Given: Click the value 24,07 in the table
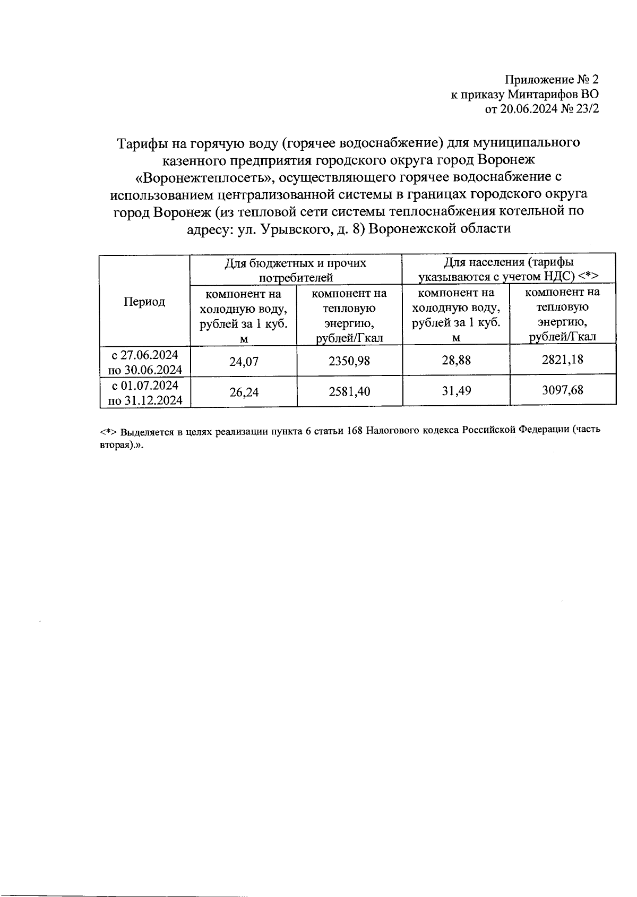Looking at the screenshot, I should click(244, 362).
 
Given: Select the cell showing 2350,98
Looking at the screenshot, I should click(349, 361).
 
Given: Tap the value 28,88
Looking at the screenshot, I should click(456, 360).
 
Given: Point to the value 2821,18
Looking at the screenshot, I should click(562, 360).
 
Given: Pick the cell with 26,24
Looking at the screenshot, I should click(244, 392).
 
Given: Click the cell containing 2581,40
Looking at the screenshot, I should click(349, 391).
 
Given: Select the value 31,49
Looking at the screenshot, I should click(456, 391).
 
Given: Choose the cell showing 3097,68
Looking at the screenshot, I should click(562, 390).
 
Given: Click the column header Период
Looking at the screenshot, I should click(144, 302).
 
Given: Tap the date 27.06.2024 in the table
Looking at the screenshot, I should click(150, 355).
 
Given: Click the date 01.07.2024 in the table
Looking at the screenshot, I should click(150, 385).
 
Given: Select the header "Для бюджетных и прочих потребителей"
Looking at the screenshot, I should click(296, 270).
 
